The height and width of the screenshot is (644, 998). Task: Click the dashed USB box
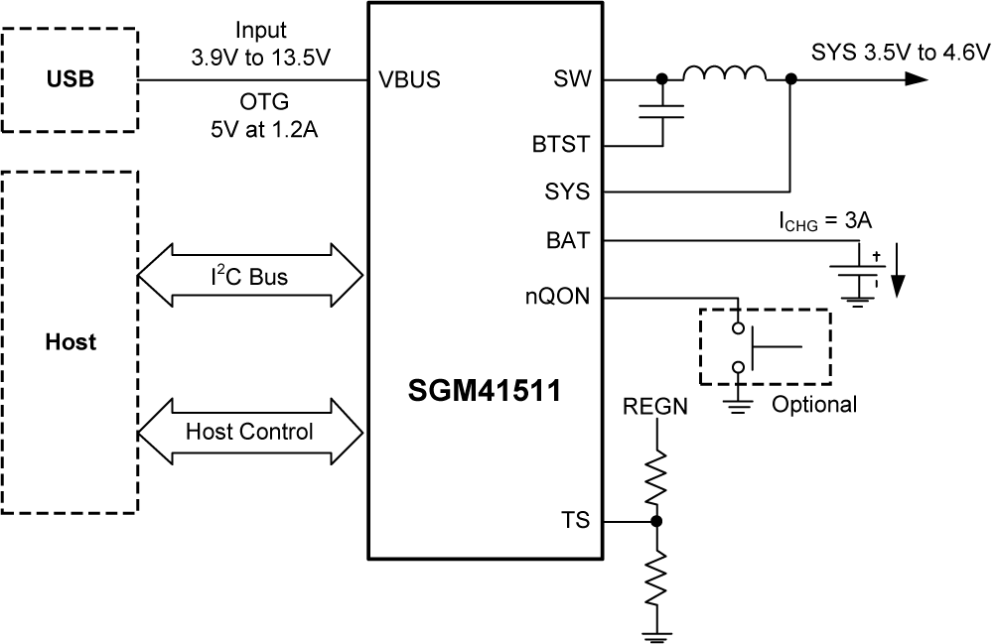pyautogui.click(x=71, y=79)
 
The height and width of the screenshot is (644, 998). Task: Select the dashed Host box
pyautogui.click(x=71, y=342)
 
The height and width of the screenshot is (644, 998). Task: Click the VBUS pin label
pyautogui.click(x=409, y=80)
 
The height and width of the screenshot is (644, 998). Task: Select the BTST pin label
pyautogui.click(x=561, y=145)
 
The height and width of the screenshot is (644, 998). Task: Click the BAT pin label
pyautogui.click(x=569, y=239)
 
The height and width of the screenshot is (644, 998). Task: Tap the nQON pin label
pyautogui.click(x=557, y=295)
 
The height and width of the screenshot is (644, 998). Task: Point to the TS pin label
pyautogui.click(x=575, y=520)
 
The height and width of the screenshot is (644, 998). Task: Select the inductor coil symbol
pyautogui.click(x=723, y=75)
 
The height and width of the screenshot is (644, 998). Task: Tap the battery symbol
pyautogui.click(x=856, y=277)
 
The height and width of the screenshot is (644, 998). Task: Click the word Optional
pyautogui.click(x=813, y=404)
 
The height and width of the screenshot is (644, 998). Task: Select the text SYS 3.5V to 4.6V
pyautogui.click(x=901, y=52)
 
